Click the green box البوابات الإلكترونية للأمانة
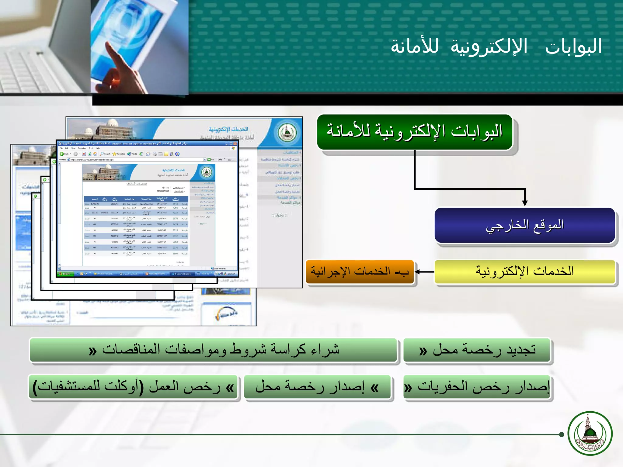(x=415, y=132)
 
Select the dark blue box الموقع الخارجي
(x=524, y=225)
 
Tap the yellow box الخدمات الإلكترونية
(x=524, y=272)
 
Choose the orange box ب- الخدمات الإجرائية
(x=360, y=272)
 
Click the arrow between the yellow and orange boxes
(x=424, y=272)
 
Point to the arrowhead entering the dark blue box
(x=525, y=203)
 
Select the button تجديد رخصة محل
(x=477, y=350)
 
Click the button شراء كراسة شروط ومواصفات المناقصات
(x=214, y=350)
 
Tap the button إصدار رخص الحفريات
(x=478, y=387)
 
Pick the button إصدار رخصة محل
(x=317, y=387)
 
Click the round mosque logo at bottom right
(x=590, y=434)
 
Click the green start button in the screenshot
(x=64, y=274)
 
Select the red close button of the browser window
(x=235, y=144)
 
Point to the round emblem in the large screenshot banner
(x=286, y=133)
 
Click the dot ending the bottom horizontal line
(x=562, y=434)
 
